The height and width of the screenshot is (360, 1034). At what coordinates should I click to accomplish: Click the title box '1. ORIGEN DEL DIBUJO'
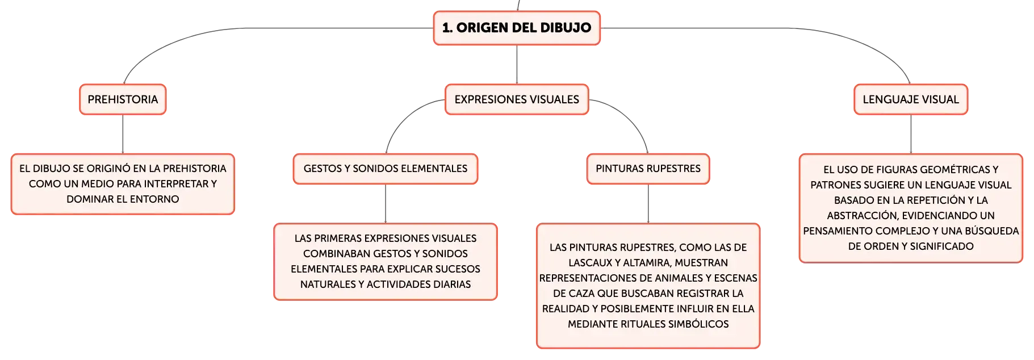click(x=517, y=28)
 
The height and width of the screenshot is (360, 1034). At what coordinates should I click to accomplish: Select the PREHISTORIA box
click(x=123, y=99)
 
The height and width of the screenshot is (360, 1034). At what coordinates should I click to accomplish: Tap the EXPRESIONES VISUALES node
click(x=517, y=99)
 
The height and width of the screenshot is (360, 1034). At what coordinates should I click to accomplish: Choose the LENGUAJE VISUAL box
click(x=911, y=99)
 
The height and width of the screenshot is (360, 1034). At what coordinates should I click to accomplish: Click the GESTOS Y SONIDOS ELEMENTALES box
click(x=386, y=169)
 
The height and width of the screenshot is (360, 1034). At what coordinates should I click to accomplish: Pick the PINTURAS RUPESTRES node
click(x=648, y=169)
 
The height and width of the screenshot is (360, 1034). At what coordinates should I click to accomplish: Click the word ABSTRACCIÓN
click(x=861, y=216)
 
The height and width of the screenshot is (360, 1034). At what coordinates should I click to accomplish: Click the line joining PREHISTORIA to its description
click(x=123, y=134)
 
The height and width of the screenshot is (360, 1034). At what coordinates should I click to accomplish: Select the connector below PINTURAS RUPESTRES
click(x=648, y=204)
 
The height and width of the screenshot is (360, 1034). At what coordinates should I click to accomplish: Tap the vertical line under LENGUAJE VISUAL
click(x=911, y=134)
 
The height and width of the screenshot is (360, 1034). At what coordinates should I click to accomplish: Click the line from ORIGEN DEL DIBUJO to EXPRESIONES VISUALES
click(x=517, y=65)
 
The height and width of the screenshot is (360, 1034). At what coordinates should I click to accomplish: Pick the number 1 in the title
click(x=447, y=28)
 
